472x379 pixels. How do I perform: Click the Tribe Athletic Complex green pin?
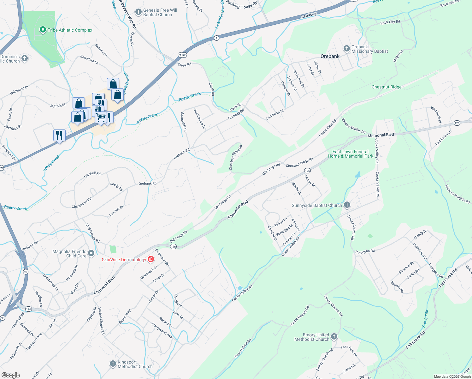(43, 30)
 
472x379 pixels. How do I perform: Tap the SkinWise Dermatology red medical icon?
(151, 260)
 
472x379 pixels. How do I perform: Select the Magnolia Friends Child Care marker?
(91, 253)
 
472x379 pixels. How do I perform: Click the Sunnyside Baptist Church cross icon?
(347, 205)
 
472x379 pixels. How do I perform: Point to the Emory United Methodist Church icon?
(334, 337)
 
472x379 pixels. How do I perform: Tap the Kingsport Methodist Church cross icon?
(113, 364)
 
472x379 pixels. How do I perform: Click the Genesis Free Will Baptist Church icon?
(138, 12)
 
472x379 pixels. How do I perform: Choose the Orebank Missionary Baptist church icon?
(347, 49)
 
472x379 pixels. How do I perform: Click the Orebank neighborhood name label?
(330, 56)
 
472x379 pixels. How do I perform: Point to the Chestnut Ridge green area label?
(386, 87)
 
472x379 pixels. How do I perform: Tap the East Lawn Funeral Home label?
(350, 154)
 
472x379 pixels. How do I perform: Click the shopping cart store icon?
(101, 117)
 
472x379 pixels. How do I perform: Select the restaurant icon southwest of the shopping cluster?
(59, 135)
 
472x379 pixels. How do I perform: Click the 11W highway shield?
(183, 55)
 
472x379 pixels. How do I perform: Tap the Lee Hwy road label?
(309, 15)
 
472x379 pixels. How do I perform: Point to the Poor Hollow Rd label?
(243, 348)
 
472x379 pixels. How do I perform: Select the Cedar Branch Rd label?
(300, 316)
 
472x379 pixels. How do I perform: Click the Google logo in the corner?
(10, 375)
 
